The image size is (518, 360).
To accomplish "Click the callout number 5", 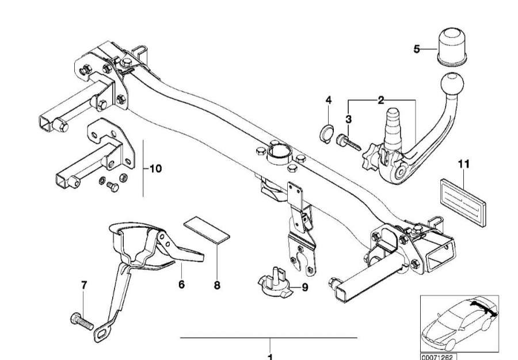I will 417,49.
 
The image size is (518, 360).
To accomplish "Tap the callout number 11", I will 464,164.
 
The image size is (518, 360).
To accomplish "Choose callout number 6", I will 181,284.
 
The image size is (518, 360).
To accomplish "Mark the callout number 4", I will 329,101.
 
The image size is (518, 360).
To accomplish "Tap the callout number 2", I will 381,101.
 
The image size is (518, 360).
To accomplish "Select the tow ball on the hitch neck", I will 451,87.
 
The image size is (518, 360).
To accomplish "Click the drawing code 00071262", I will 438,357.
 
